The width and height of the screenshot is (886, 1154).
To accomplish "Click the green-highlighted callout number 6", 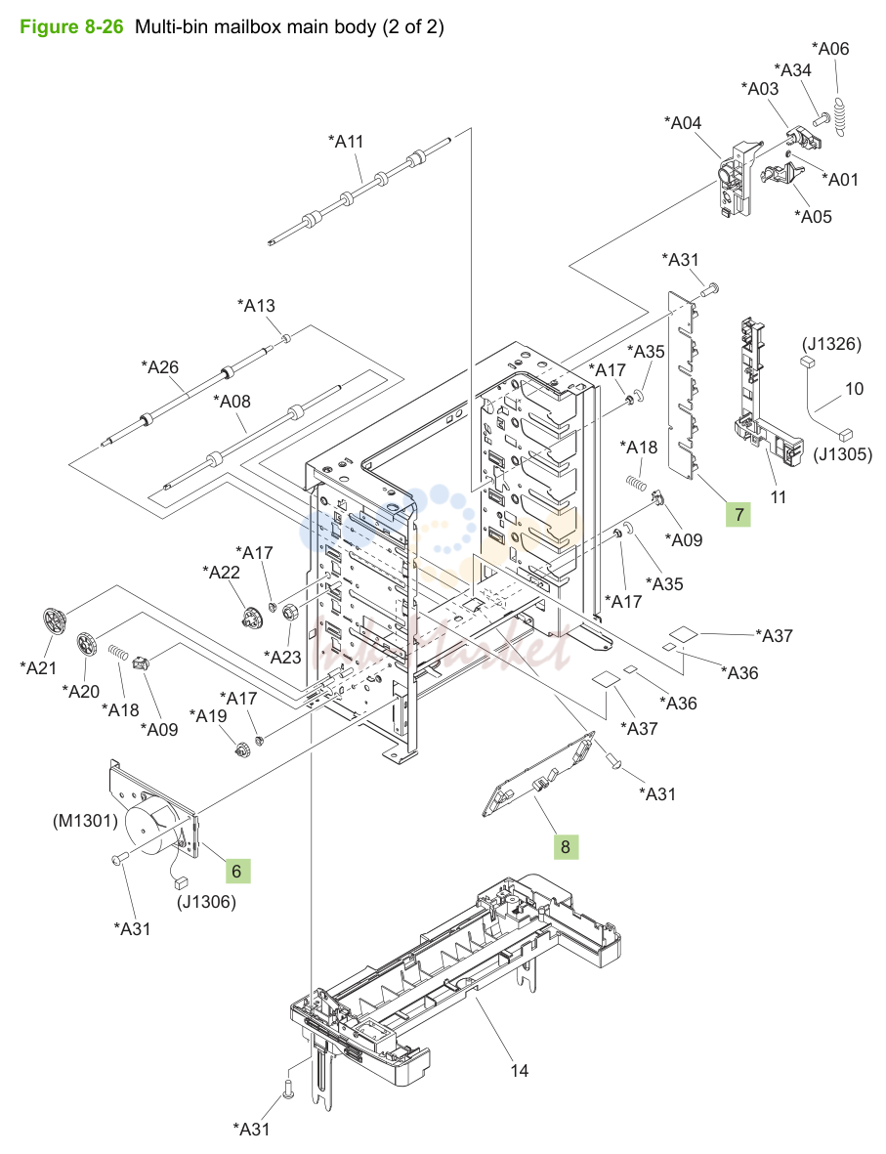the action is point(237,871).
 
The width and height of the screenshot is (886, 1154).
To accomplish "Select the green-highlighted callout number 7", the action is point(739,514).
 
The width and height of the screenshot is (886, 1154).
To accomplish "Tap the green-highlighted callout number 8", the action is point(566,846).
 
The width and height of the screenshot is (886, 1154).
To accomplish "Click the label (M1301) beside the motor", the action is point(85,820).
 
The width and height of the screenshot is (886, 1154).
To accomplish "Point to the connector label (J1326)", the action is point(831,344).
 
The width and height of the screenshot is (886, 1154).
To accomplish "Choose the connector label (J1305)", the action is point(843,454).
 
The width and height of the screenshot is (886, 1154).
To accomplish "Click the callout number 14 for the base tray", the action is point(520,1070).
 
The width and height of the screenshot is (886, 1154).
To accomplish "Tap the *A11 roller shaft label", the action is point(346,141).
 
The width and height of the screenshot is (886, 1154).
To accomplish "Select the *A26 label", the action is point(159,366).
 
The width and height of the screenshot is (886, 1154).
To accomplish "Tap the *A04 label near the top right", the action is point(682,122).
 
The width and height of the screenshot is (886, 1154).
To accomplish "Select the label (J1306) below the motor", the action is point(207,902).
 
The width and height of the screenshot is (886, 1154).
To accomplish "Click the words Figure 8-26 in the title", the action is point(70,27).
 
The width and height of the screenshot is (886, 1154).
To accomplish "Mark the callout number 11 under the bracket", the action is point(779,496).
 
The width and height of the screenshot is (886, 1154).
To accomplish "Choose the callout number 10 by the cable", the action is point(854,388).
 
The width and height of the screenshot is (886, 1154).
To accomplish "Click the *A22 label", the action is point(222,572).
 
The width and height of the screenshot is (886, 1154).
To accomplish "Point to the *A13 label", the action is point(256,305).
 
